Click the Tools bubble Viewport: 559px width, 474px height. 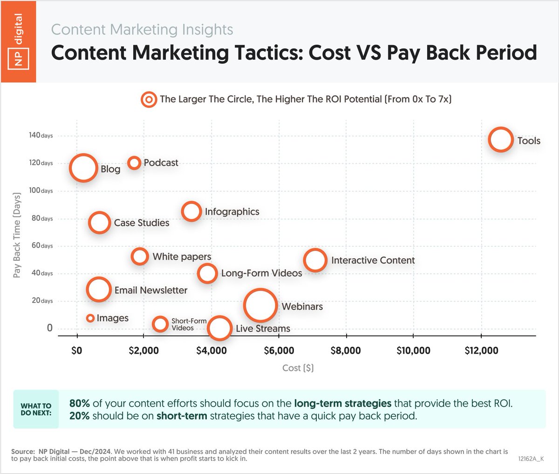tap(501, 139)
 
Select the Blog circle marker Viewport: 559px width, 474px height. tap(83, 168)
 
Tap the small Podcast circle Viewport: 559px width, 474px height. tap(134, 163)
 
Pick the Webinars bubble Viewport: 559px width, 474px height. tap(260, 305)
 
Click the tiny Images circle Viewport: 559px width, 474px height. tap(90, 318)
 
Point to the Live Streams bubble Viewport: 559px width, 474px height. tap(219, 328)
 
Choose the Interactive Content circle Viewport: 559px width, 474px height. tap(315, 260)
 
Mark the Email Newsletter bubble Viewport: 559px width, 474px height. tap(98, 290)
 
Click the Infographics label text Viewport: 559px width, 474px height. tap(232, 212)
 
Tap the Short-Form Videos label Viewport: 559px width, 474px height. tap(189, 325)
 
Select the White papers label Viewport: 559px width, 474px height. tap(182, 257)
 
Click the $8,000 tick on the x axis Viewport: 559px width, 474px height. tap(346, 351)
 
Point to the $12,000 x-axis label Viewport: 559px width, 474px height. tap(481, 351)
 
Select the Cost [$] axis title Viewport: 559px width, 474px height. tap(298, 368)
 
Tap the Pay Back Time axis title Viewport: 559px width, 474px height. tap(17, 235)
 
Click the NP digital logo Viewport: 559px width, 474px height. tap(18, 41)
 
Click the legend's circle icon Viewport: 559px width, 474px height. tap(149, 100)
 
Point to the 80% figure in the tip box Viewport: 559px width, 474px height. tap(79, 404)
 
